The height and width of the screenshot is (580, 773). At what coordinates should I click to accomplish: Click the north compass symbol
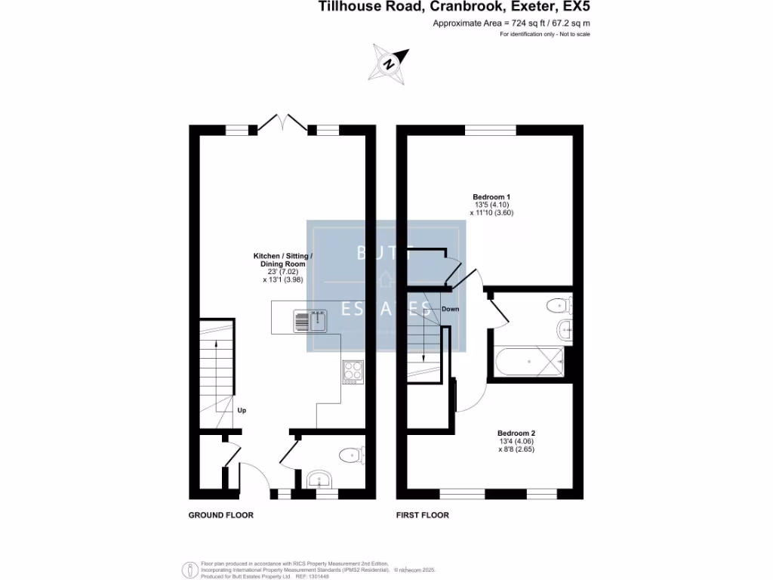click(x=389, y=63)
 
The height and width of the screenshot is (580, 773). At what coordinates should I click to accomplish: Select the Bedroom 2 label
click(x=516, y=433)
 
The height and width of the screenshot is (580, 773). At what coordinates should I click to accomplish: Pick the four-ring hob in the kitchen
click(x=353, y=371)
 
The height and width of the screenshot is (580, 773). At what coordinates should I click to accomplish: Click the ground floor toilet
click(x=351, y=455)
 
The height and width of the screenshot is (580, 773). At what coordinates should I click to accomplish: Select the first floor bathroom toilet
click(x=559, y=306)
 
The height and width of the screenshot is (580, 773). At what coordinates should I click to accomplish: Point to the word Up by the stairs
click(x=242, y=411)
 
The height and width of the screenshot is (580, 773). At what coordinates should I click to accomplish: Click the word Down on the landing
click(x=450, y=309)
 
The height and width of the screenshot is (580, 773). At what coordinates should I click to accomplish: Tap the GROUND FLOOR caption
click(x=220, y=515)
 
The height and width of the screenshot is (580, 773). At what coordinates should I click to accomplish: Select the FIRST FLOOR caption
click(x=423, y=515)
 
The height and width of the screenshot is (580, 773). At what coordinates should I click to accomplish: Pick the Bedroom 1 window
click(x=489, y=130)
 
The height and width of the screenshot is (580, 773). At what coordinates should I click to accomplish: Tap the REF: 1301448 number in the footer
click(x=317, y=575)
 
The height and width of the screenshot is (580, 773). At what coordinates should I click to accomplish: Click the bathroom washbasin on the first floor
click(x=565, y=329)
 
